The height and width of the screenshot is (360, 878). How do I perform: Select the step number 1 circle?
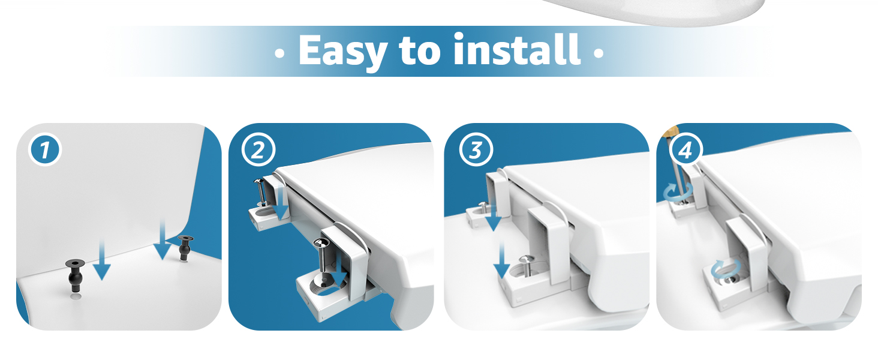(45, 150)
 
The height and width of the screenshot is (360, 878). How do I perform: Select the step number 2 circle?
(258, 150)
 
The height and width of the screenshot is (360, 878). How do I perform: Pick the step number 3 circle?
(475, 150)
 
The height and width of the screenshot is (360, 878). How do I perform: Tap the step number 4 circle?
(685, 150)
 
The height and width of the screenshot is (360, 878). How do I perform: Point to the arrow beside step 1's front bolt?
(102, 258)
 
